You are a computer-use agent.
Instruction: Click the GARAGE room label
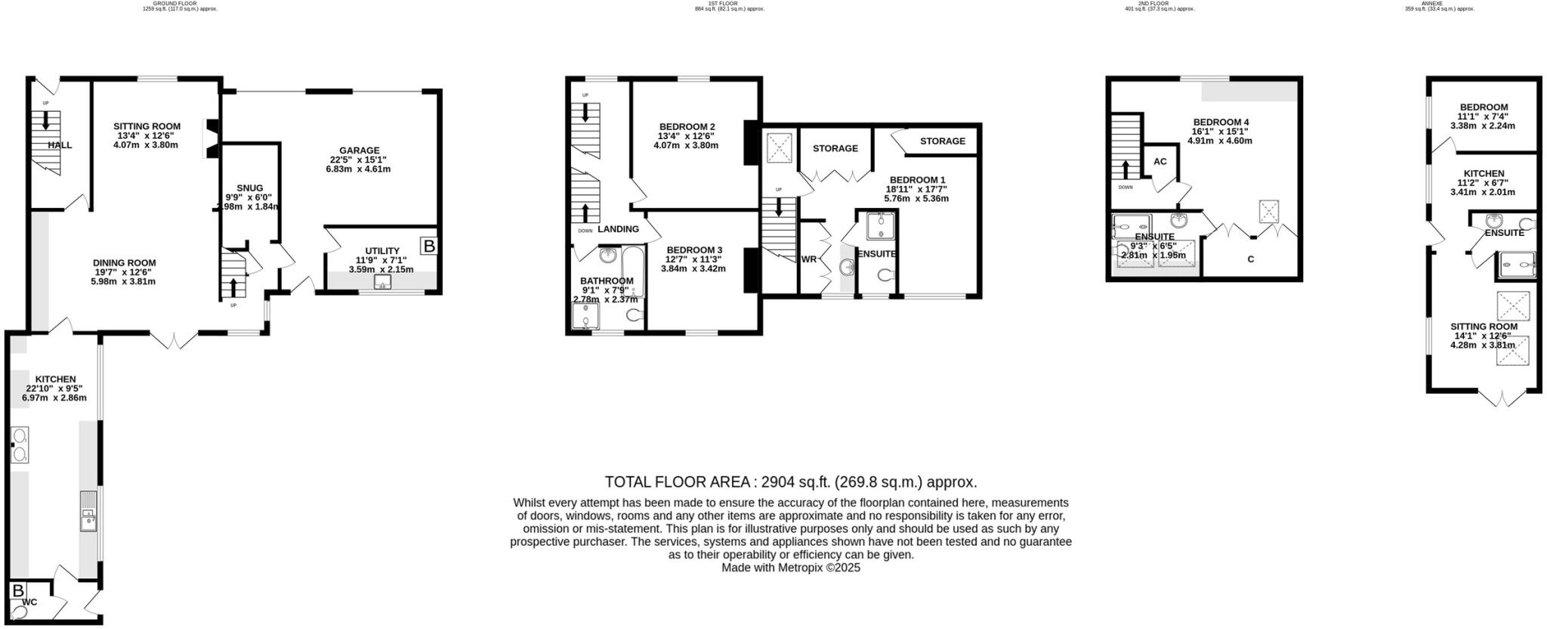pyautogui.click(x=359, y=150)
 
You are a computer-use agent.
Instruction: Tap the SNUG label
pyautogui.click(x=249, y=188)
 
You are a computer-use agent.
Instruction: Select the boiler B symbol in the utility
pyautogui.click(x=428, y=246)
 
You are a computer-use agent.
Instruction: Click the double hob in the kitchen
pyautogui.click(x=20, y=445)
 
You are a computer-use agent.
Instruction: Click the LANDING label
pyautogui.click(x=618, y=229)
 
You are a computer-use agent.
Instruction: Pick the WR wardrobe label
pyautogui.click(x=809, y=259)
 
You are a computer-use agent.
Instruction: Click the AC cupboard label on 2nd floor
pyautogui.click(x=1160, y=162)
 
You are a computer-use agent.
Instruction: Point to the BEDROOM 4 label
pyautogui.click(x=1221, y=122)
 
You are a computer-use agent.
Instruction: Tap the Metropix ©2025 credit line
pyautogui.click(x=790, y=567)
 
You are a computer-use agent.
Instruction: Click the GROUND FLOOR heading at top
pyautogui.click(x=164, y=4)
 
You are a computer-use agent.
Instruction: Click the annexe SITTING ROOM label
pyautogui.click(x=1484, y=327)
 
